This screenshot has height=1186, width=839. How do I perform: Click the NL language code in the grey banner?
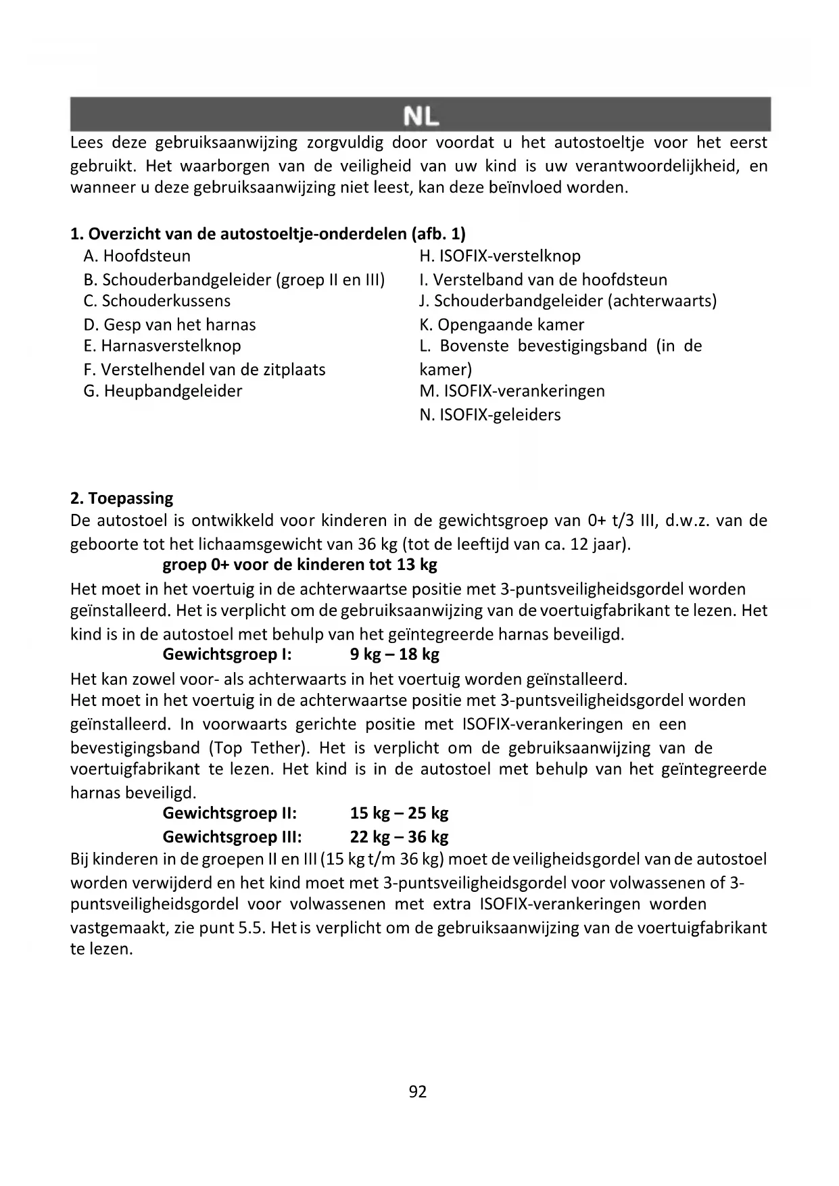point(421,116)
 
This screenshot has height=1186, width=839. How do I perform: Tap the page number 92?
point(418,1091)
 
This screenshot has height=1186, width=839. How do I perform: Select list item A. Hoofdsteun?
point(137,256)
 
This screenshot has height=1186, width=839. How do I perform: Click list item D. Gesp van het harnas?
point(170,325)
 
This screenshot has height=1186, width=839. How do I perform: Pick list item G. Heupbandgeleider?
point(163,391)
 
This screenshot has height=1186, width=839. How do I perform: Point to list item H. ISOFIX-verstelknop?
point(500,256)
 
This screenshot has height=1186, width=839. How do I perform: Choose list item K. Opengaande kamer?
point(502,325)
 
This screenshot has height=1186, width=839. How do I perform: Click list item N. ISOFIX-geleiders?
point(490,414)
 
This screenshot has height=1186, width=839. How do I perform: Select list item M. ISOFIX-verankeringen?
point(512,391)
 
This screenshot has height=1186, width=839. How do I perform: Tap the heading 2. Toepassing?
point(122,498)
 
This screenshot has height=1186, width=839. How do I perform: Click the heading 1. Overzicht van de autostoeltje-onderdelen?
point(268,234)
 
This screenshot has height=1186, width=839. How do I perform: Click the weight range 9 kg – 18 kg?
point(395,655)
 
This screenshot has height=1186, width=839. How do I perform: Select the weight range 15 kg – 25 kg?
point(399,813)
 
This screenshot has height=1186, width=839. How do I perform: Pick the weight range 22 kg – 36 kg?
point(399,837)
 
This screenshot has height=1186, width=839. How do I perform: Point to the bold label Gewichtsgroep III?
point(232,837)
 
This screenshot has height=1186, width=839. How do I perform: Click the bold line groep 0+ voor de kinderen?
point(299,565)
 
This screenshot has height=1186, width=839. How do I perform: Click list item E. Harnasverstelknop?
point(162,346)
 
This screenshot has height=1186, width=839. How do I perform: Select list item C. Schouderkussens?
point(157,301)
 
